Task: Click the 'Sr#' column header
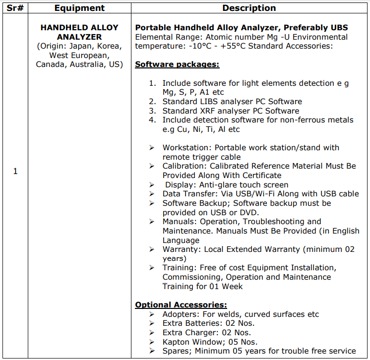15,8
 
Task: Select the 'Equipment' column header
79,8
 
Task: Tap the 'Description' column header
249,8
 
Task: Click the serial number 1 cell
15,172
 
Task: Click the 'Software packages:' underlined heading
177,64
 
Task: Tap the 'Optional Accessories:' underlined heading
181,305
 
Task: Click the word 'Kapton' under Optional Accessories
177,342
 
